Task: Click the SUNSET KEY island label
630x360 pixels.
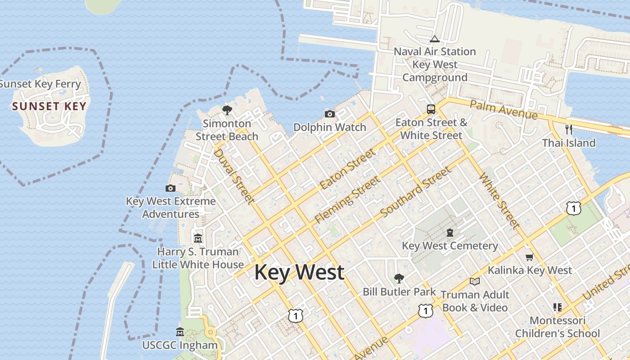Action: [49, 107]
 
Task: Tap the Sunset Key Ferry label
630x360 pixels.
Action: [40, 84]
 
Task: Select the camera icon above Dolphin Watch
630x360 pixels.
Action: [330, 114]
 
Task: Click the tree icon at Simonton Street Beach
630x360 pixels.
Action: [227, 110]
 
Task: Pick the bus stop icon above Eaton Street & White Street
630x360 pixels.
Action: [431, 109]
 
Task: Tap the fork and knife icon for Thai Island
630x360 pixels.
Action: [569, 130]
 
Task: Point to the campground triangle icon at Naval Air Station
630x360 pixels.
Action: [434, 39]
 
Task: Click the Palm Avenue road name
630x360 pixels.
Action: [504, 109]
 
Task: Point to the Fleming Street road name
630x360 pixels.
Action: [347, 200]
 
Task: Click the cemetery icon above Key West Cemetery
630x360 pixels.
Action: [450, 233]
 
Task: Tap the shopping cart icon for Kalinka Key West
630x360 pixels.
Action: [530, 257]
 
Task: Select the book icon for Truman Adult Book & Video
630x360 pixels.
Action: [475, 281]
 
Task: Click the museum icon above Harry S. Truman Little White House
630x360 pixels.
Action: [198, 238]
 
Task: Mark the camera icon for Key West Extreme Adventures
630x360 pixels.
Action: [171, 188]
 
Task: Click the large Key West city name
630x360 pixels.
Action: [299, 273]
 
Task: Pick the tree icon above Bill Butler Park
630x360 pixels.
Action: [399, 278]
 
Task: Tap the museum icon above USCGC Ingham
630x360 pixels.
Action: [180, 332]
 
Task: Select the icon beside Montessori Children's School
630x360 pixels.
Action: [557, 307]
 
